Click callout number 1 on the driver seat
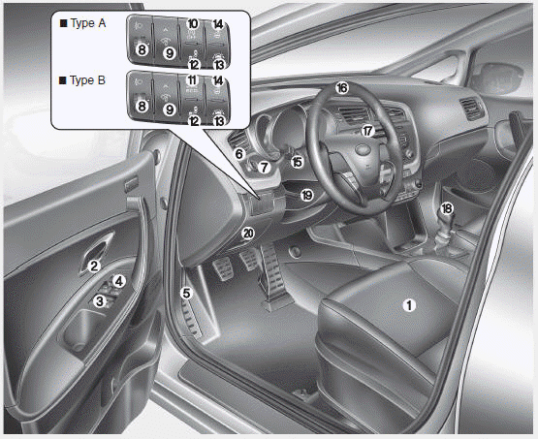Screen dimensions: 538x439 pyautogui.click(x=409, y=305)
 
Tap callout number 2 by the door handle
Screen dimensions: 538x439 pyautogui.click(x=94, y=266)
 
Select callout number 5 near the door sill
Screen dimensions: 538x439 pyautogui.click(x=186, y=294)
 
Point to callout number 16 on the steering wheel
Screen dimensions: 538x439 pyautogui.click(x=342, y=88)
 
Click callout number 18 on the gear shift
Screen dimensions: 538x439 pyautogui.click(x=447, y=208)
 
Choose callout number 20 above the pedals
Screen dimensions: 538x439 pyautogui.click(x=248, y=234)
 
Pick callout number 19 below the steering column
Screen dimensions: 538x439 pyautogui.click(x=306, y=195)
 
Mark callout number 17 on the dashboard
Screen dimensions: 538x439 pyautogui.click(x=367, y=131)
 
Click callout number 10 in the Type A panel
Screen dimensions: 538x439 pyautogui.click(x=193, y=23)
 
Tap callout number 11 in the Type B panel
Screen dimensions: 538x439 pyautogui.click(x=192, y=80)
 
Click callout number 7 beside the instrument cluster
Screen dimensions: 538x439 pyautogui.click(x=264, y=168)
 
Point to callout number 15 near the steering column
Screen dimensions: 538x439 pyautogui.click(x=298, y=162)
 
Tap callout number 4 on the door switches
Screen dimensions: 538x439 pyautogui.click(x=118, y=281)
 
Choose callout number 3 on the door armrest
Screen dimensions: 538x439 pyautogui.click(x=100, y=301)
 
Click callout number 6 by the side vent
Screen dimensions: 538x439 pyautogui.click(x=239, y=154)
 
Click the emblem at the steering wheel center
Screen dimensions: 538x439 pyautogui.click(x=364, y=149)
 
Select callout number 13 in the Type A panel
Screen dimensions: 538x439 pyautogui.click(x=218, y=64)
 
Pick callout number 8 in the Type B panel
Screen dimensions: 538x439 pyautogui.click(x=142, y=107)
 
